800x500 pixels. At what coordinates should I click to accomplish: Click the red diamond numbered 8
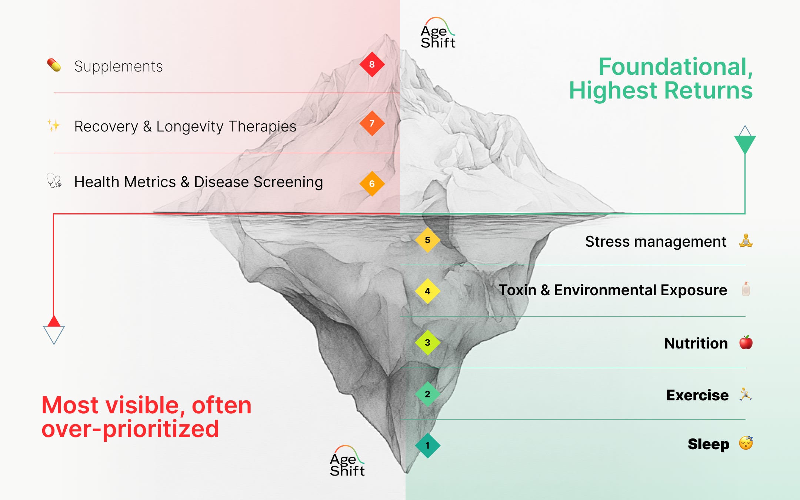tap(372, 64)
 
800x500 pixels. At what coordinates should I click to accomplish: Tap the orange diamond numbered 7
tap(372, 123)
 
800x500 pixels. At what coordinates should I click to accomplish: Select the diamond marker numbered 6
tap(372, 184)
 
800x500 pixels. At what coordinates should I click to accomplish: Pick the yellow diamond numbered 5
tap(427, 240)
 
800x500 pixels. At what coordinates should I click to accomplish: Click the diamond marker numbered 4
tap(427, 291)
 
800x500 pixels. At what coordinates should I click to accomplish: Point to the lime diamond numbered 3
tap(427, 343)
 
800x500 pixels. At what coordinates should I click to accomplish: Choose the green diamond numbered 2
tap(427, 394)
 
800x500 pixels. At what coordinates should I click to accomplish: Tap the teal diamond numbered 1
tap(427, 446)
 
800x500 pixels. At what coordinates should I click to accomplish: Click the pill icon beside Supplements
tap(54, 65)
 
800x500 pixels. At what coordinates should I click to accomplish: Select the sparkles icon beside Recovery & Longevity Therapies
tap(54, 125)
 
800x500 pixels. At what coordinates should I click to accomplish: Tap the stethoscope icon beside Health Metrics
tap(54, 181)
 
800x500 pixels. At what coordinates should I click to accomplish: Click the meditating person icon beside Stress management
tap(746, 241)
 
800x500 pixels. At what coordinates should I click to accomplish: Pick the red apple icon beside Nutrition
tap(746, 343)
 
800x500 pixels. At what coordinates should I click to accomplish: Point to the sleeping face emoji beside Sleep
tap(746, 443)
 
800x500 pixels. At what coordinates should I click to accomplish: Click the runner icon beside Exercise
tap(745, 394)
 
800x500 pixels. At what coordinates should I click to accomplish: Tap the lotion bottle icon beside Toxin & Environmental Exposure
tap(746, 289)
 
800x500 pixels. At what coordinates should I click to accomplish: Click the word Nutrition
tap(696, 343)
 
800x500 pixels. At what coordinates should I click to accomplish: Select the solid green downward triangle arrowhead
tap(745, 144)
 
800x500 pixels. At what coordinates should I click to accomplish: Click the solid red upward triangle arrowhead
tap(54, 321)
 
